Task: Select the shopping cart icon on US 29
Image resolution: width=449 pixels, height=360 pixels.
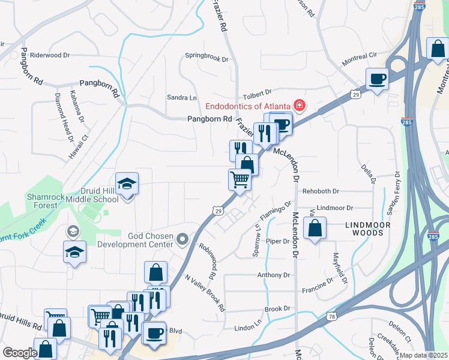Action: [240, 179]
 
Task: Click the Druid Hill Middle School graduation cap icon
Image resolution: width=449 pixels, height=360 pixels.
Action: [127, 184]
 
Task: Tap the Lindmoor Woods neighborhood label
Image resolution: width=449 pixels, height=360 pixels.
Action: [368, 228]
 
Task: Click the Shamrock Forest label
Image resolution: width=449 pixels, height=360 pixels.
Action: [42, 201]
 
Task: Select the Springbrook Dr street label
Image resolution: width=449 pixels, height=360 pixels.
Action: [206, 59]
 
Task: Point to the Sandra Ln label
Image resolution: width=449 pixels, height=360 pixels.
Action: [182, 97]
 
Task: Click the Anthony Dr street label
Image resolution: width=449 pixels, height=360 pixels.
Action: [274, 275]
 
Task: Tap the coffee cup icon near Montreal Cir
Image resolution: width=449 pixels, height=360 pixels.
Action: [377, 79]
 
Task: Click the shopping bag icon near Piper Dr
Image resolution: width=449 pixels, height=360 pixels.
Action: [315, 229]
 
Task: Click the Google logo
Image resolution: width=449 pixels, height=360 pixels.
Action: [20, 353]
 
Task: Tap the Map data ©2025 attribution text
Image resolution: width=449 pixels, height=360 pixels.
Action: [424, 355]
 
